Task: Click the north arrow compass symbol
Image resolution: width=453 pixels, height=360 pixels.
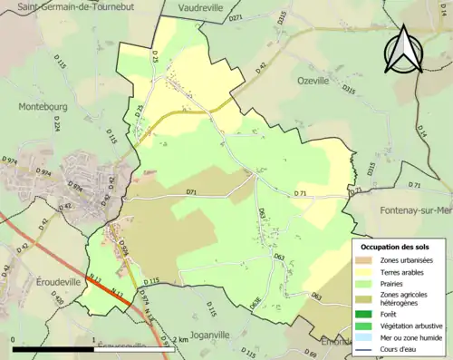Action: pos(404,50)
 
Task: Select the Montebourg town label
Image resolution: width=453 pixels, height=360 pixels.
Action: pos(43,106)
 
